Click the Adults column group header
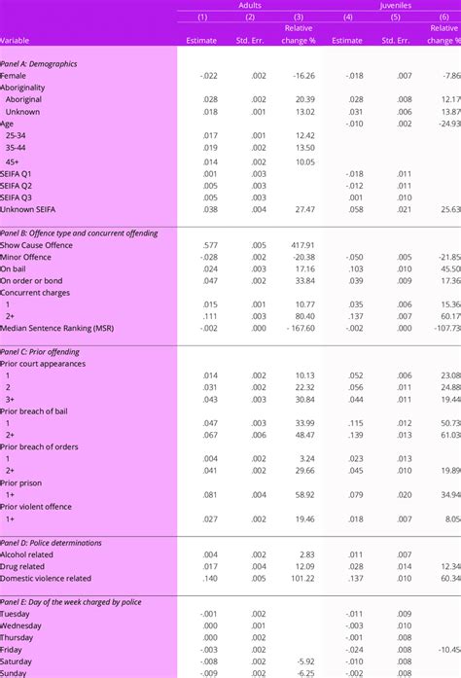[x=249, y=5]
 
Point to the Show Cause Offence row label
[x=36, y=244]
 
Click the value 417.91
[x=299, y=244]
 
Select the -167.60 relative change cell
[x=296, y=328]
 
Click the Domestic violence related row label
[x=46, y=578]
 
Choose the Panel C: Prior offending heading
[x=40, y=351]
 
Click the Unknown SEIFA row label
[x=32, y=208]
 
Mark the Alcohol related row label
[x=27, y=554]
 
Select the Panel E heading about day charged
[x=71, y=602]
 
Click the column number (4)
[x=347, y=18]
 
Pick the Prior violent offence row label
[x=38, y=507]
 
